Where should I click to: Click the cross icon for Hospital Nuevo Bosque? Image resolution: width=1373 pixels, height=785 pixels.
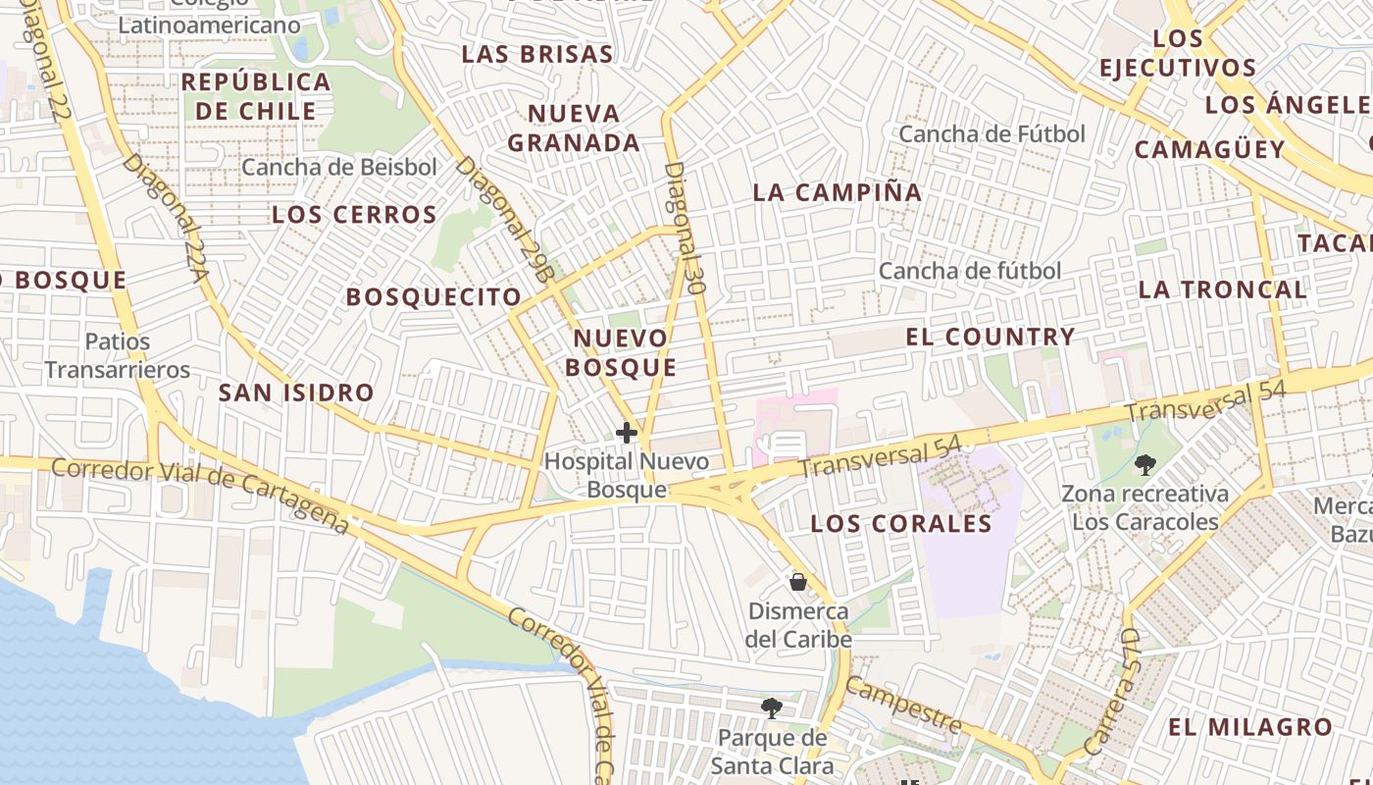(627, 432)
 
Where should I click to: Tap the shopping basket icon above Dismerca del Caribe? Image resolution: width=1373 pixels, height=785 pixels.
(797, 582)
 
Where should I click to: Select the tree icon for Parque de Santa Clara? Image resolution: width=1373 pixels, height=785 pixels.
(772, 707)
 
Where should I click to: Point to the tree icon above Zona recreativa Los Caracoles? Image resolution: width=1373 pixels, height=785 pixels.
(1144, 464)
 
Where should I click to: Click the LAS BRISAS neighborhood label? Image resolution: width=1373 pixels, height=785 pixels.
(537, 54)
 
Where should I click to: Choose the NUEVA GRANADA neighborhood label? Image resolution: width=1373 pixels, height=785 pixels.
(575, 129)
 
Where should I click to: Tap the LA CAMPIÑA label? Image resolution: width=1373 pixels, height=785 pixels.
(838, 192)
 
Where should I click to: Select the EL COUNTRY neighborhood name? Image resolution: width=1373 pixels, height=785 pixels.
(991, 337)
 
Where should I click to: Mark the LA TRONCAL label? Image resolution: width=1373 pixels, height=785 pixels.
(1222, 289)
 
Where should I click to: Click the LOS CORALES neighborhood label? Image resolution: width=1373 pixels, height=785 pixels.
(901, 524)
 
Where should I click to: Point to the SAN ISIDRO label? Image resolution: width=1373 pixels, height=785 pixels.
(296, 393)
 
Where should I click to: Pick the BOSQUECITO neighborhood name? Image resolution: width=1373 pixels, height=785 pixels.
(434, 296)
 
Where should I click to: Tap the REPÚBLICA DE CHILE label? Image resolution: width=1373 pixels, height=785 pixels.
(256, 95)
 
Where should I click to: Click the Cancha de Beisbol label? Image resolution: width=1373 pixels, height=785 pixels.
(339, 168)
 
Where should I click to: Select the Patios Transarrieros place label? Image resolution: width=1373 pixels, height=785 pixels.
(118, 355)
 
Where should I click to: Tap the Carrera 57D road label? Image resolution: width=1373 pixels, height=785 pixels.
(1120, 692)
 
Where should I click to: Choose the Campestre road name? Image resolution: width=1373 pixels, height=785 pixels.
(902, 704)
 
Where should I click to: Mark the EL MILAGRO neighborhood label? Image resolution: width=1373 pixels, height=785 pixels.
(1250, 727)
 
